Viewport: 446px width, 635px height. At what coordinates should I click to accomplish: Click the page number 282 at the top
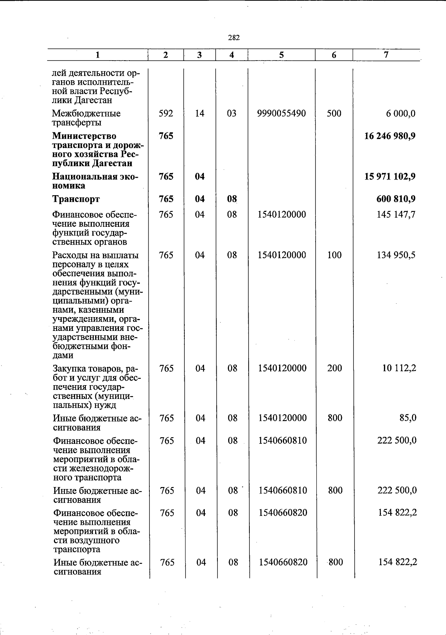[x=234, y=38]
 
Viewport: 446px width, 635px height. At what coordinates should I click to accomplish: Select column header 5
[x=281, y=55]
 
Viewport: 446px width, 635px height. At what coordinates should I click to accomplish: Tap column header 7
[x=386, y=55]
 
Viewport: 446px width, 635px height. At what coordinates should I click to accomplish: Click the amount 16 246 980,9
[x=390, y=136]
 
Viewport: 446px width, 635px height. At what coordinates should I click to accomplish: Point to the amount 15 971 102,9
[x=390, y=177]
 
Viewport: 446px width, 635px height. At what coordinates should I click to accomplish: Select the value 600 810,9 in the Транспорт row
[x=396, y=199]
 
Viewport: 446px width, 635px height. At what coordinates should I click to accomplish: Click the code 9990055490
[x=281, y=113]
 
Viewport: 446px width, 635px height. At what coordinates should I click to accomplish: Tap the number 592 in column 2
[x=166, y=113]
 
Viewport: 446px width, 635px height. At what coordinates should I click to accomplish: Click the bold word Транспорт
[x=76, y=199]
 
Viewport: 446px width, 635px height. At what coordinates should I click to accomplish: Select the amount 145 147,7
[x=396, y=215]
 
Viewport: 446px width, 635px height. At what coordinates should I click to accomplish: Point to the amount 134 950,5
[x=396, y=255]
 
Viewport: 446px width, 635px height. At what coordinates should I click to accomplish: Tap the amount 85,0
[x=408, y=418]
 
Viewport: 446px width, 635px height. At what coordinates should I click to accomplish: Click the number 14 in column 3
[x=200, y=113]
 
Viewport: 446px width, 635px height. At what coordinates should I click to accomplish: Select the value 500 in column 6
[x=334, y=113]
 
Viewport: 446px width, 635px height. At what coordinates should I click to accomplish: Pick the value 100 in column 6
[x=334, y=255]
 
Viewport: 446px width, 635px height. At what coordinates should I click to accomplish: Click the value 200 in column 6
[x=334, y=368]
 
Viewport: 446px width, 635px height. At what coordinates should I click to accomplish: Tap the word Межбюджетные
[x=86, y=113]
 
